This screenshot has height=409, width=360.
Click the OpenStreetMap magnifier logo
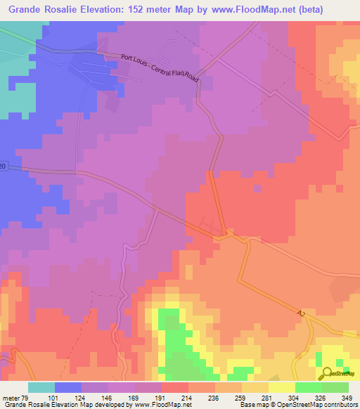[328, 374]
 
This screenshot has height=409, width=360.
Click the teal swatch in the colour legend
[41, 387]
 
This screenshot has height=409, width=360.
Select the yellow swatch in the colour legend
[282, 387]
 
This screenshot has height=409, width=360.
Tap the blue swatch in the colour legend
[68, 387]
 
